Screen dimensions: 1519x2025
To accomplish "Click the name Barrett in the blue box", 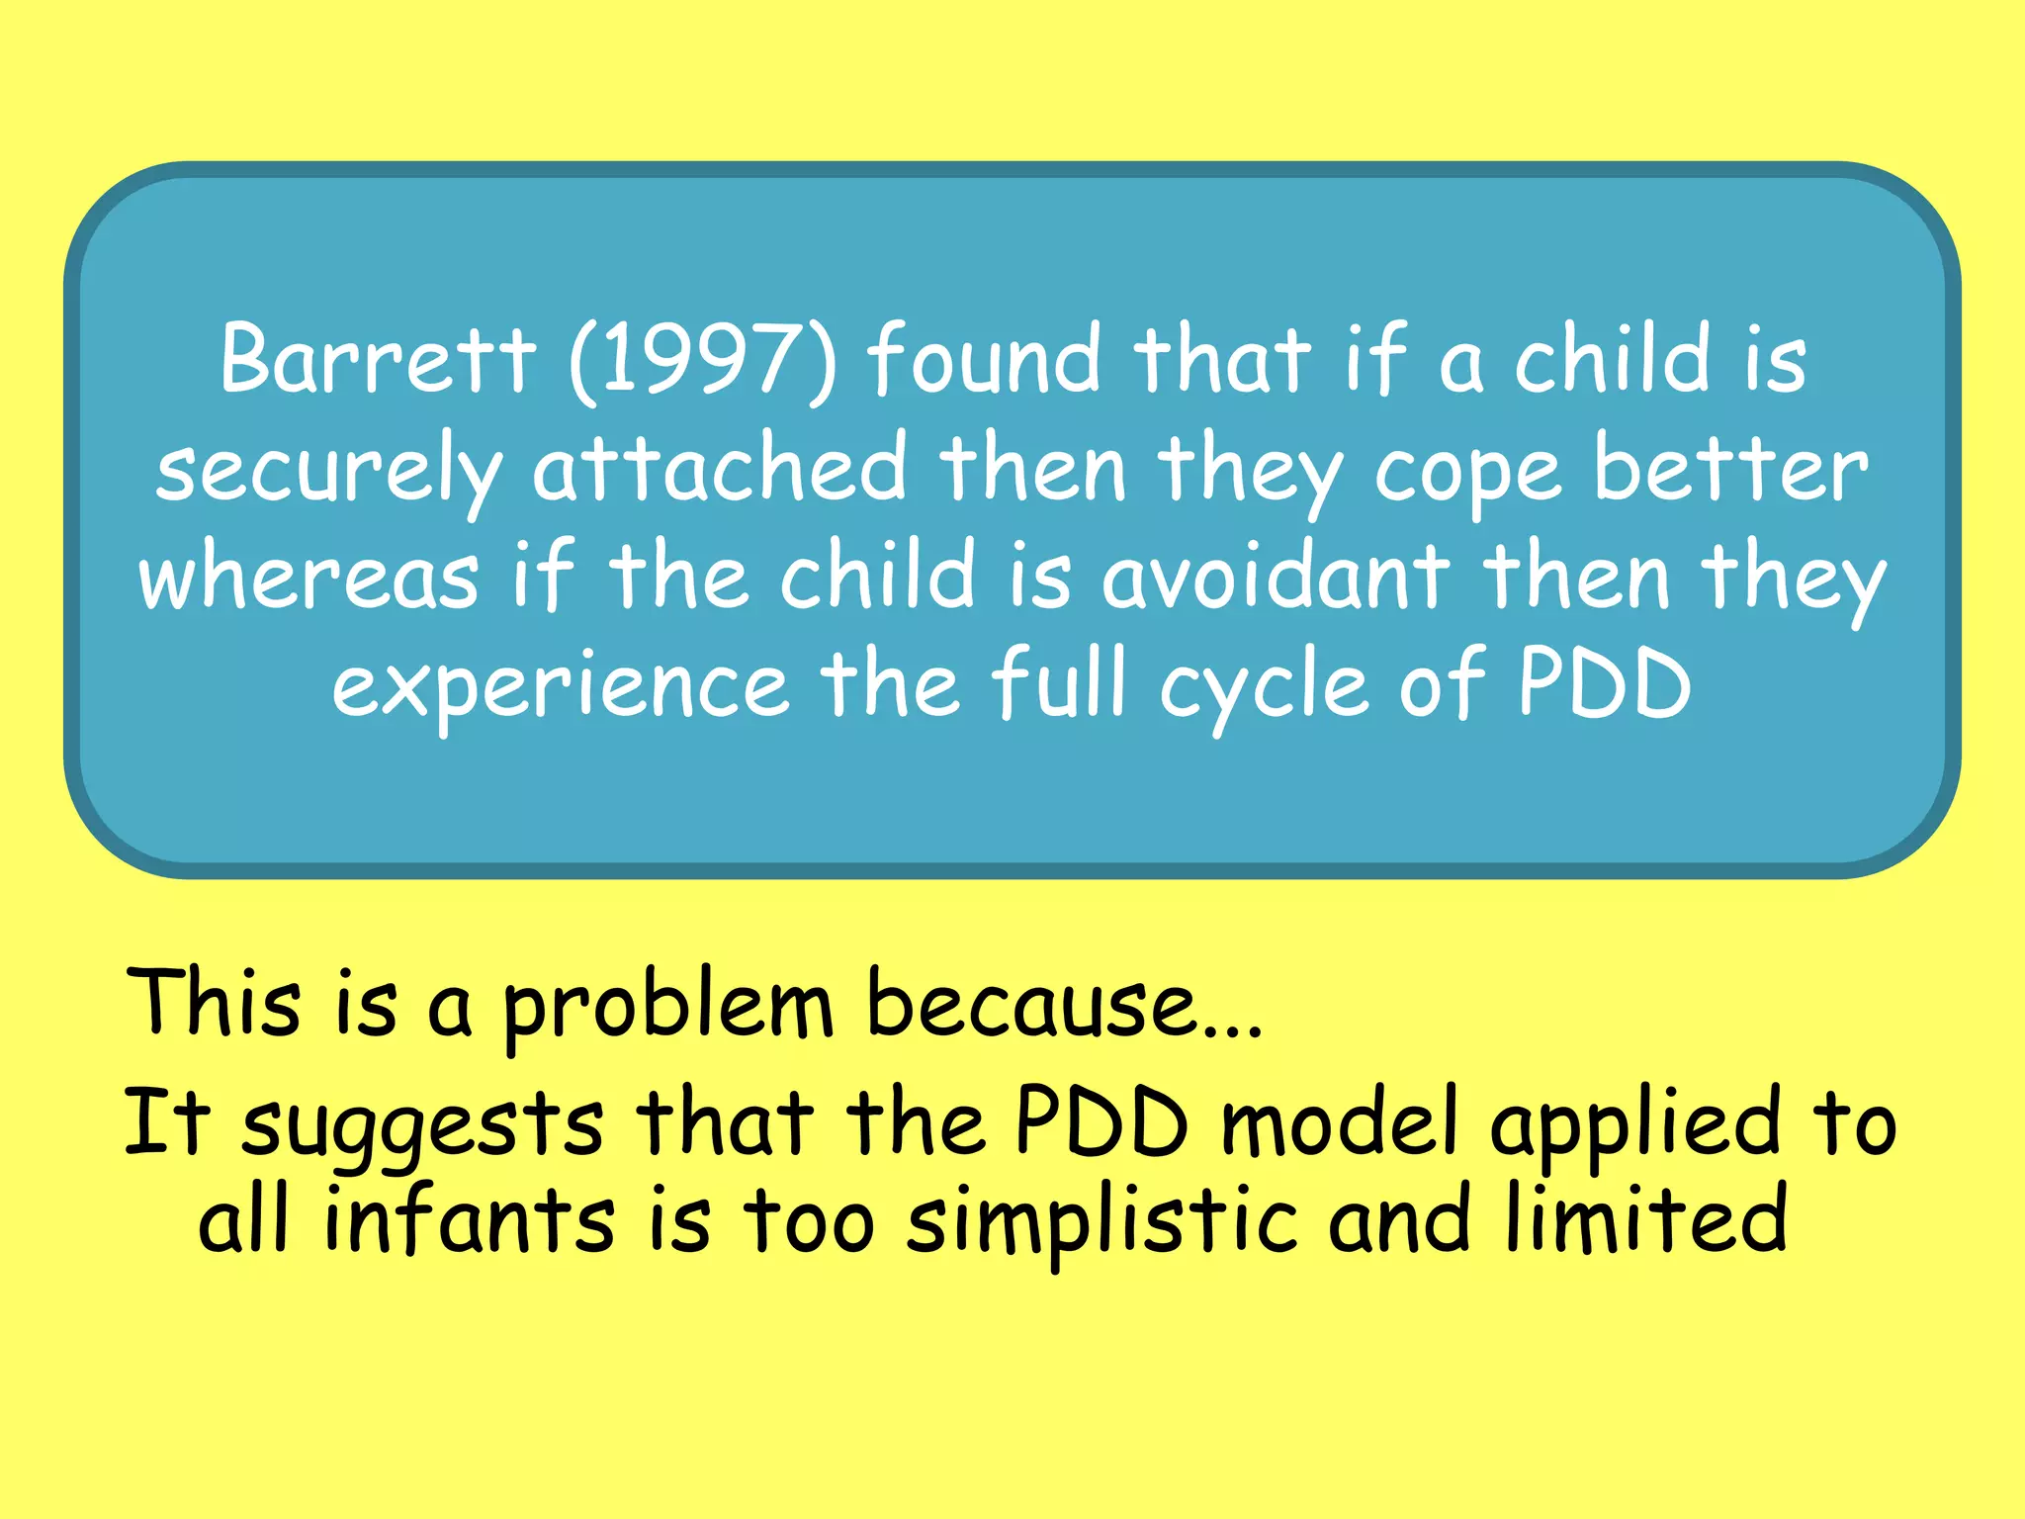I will (378, 358).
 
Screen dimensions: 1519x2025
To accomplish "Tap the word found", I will (984, 358).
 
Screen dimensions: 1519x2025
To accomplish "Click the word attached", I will (719, 469).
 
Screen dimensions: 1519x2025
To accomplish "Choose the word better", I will (1730, 469).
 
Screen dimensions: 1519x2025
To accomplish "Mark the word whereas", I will (308, 578).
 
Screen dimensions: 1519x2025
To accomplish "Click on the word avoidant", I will (1276, 578).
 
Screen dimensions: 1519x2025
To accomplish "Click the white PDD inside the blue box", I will (1604, 684).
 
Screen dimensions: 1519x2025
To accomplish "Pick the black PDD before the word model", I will (1101, 1123).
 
